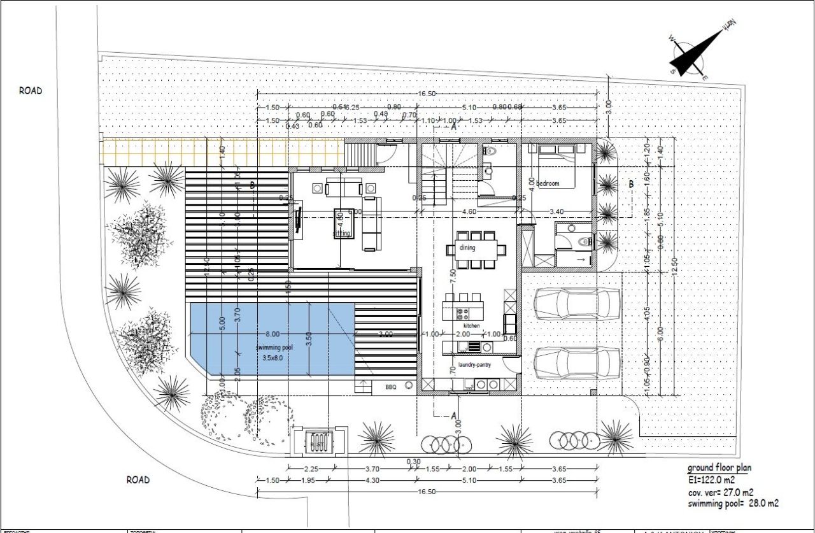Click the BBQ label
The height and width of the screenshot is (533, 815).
click(x=390, y=387)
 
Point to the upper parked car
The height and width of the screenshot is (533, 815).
click(x=577, y=304)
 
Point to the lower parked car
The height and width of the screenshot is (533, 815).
click(x=577, y=362)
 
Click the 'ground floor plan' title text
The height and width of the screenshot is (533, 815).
click(x=719, y=468)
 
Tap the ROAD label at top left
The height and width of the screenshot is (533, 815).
click(x=30, y=91)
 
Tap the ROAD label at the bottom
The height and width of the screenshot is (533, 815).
click(x=138, y=480)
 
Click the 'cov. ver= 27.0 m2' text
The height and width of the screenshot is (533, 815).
click(x=721, y=492)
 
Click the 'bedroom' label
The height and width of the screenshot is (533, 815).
click(x=547, y=183)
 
